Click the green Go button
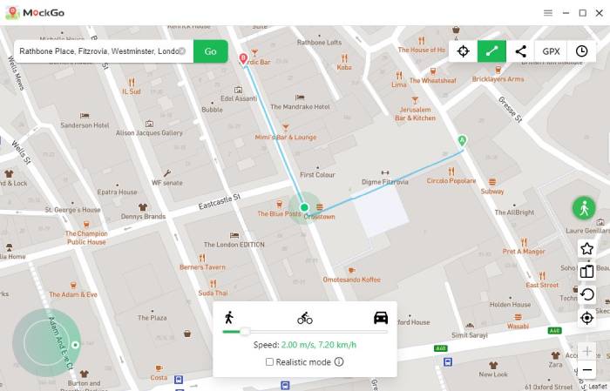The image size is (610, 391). (210, 51)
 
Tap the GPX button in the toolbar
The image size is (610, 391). (551, 51)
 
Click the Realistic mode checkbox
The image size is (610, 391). (270, 361)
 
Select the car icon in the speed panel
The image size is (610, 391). (381, 317)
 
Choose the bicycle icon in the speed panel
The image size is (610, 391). (305, 317)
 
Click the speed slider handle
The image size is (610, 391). (245, 331)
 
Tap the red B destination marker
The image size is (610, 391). (243, 58)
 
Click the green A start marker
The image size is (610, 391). (463, 139)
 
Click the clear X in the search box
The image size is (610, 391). (182, 51)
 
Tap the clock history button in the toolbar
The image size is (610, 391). (581, 51)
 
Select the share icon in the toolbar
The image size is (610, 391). (521, 51)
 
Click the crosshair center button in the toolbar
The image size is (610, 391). (463, 51)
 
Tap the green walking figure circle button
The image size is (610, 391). (584, 207)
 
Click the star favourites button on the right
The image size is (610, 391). (587, 249)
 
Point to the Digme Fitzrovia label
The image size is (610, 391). (384, 182)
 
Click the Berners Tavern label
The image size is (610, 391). (202, 267)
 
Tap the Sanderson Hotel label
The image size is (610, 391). (84, 125)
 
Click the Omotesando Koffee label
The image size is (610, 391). (352, 280)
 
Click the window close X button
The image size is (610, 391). (599, 13)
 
